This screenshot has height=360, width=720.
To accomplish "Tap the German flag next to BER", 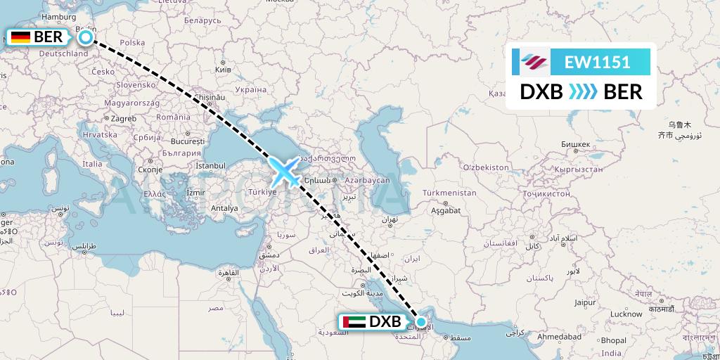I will point(20,37).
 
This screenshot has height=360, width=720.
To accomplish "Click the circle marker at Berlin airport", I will point(85,37).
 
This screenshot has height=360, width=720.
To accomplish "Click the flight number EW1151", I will point(597,62).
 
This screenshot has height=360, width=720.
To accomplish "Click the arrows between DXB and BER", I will point(582,92).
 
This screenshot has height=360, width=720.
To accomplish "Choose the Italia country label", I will point(92,164).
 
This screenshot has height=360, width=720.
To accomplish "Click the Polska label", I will point(132,43).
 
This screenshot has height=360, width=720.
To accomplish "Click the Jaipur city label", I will point(584,303).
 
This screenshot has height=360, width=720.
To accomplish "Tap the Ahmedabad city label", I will point(560,337).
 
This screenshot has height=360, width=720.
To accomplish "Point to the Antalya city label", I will point(225,208).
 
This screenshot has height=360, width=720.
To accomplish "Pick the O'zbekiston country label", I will point(485,167).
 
